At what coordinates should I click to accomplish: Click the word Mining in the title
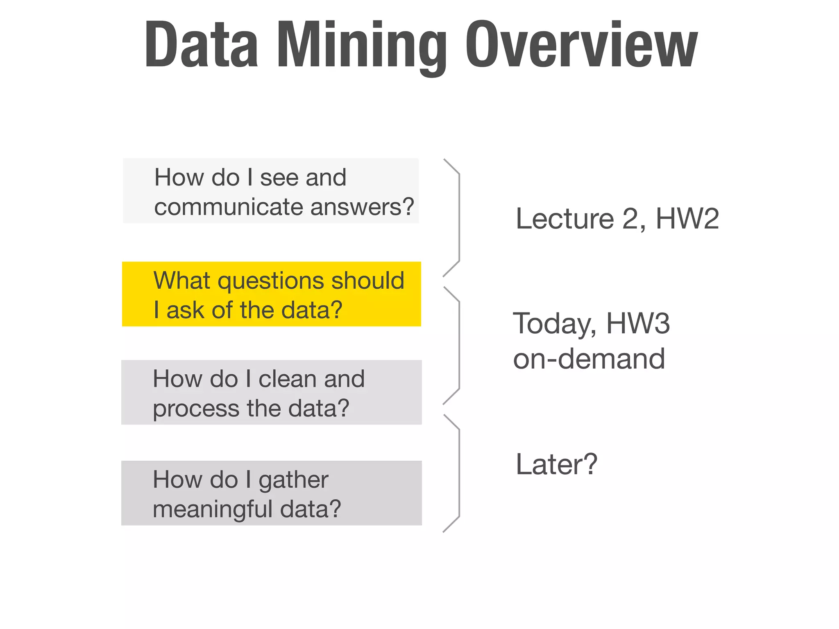[x=361, y=45]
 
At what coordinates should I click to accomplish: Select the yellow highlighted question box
[x=271, y=294]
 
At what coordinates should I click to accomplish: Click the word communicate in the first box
[x=229, y=207]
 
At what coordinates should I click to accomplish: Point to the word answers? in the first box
[x=362, y=207]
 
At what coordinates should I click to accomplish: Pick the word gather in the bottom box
[x=293, y=480]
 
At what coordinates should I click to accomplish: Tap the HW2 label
[x=687, y=219]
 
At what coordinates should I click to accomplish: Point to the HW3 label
[x=638, y=324]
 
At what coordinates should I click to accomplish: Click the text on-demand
[x=589, y=359]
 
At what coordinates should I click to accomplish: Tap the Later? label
[x=556, y=465]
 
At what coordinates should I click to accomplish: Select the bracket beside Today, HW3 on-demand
[x=458, y=346]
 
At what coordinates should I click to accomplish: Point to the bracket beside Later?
[x=458, y=473]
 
